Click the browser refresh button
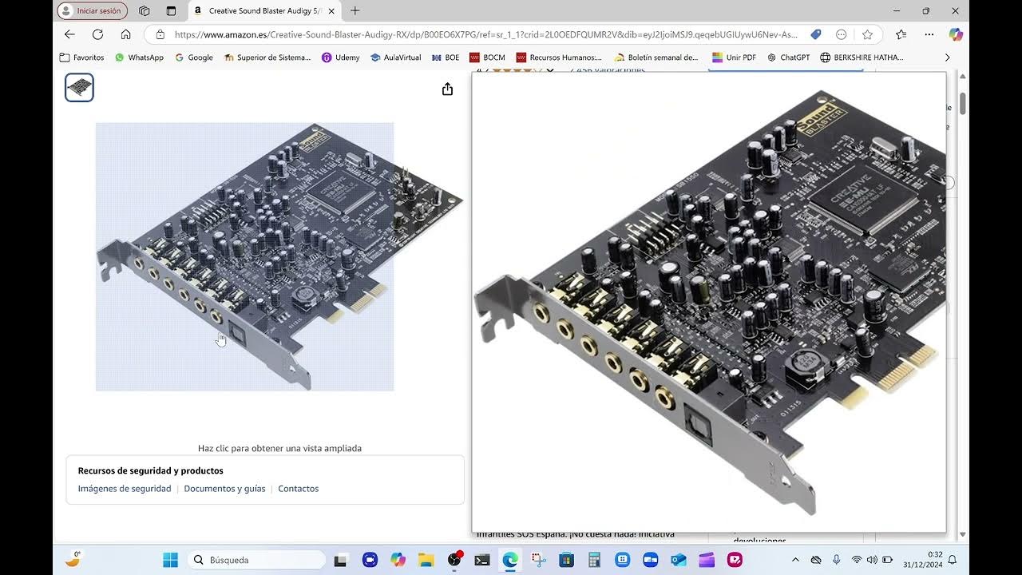(x=97, y=34)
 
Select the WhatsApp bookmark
(x=139, y=57)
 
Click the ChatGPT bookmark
(x=788, y=57)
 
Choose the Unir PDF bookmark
(x=734, y=57)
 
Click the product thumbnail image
(x=79, y=88)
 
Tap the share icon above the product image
(x=447, y=89)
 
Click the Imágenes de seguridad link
(x=124, y=489)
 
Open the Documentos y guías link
(x=224, y=489)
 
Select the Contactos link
(x=298, y=489)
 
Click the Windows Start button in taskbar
(x=170, y=560)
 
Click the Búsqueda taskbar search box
(x=258, y=560)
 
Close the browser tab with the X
(x=331, y=11)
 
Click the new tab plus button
(x=355, y=11)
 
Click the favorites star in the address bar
(x=867, y=34)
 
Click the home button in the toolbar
(x=125, y=34)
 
